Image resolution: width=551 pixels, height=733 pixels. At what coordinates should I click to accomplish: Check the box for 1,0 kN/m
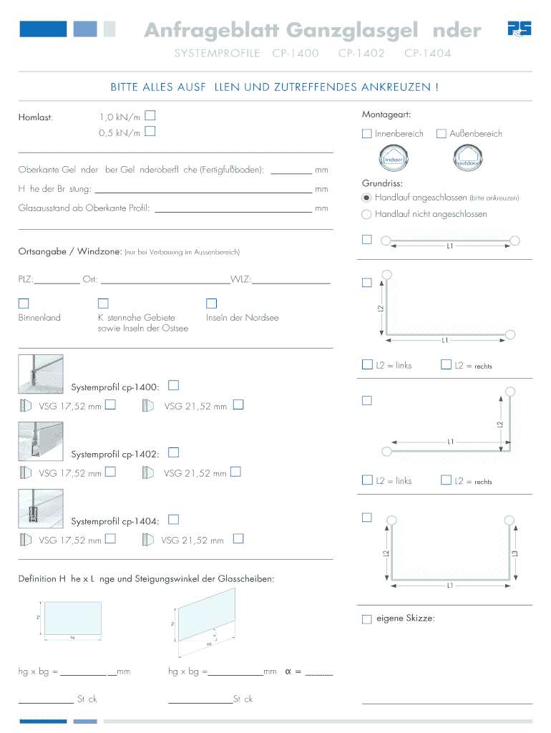(150, 115)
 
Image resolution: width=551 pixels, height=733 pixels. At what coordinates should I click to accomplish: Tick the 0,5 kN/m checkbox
(150, 131)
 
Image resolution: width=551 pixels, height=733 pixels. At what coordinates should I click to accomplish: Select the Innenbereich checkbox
(367, 134)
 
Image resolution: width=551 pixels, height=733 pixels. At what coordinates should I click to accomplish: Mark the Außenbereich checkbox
(442, 134)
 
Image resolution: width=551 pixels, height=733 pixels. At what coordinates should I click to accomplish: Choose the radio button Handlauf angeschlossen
(367, 197)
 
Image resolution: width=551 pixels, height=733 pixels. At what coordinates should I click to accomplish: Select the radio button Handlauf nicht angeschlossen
(367, 214)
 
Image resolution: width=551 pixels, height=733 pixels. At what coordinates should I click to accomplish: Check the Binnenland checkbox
(24, 304)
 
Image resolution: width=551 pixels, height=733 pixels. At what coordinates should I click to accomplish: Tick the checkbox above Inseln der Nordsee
(211, 304)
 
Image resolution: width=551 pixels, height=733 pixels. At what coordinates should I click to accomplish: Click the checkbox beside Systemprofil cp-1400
(174, 385)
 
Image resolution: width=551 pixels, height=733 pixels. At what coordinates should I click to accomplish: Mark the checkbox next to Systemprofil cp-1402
(174, 452)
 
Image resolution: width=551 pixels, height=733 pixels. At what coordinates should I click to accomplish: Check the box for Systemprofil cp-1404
(174, 520)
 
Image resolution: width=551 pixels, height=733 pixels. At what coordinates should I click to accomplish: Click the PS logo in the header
(519, 29)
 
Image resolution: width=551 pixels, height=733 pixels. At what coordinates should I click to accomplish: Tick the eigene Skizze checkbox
(367, 618)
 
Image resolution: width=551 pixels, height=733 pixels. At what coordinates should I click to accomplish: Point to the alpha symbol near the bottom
(288, 671)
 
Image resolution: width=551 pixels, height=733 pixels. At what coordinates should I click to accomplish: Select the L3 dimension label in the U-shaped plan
(514, 553)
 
